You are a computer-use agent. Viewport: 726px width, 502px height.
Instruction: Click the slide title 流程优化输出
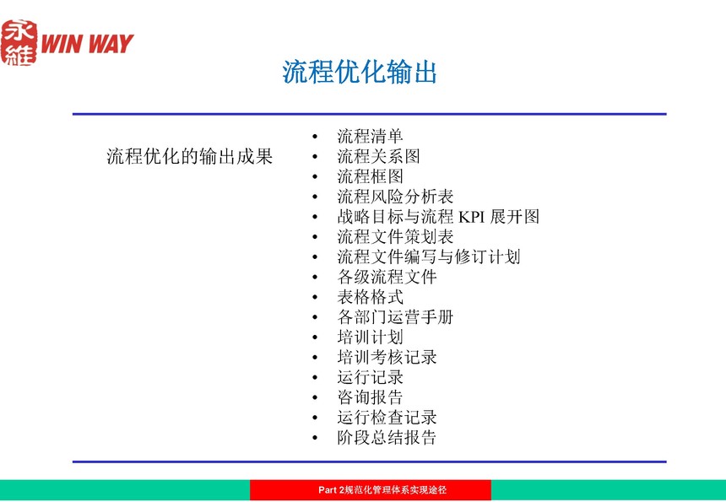360,73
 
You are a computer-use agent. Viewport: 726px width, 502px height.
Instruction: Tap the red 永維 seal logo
19,42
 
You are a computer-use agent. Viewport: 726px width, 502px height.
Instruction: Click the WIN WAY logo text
87,44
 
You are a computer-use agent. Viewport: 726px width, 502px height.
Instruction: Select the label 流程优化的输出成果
189,156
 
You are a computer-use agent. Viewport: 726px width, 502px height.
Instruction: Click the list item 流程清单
370,136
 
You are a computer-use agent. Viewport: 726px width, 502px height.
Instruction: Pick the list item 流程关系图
378,156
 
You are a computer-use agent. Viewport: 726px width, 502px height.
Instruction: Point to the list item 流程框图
370,176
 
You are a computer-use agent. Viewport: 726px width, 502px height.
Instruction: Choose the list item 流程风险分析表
395,197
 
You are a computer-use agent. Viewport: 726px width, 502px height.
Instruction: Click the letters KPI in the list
471,217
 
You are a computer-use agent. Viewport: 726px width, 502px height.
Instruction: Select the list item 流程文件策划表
395,237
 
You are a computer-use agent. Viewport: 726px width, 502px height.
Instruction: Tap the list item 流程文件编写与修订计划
429,256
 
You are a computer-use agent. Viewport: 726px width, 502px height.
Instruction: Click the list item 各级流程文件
387,277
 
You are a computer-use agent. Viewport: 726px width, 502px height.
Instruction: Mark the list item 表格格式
370,297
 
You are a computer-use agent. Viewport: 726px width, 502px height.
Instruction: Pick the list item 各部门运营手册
395,317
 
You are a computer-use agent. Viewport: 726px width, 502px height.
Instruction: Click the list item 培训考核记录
387,357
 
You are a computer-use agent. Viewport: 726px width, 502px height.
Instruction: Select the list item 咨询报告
370,397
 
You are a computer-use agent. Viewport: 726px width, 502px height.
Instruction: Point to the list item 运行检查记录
387,418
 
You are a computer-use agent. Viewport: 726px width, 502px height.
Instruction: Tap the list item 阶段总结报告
387,438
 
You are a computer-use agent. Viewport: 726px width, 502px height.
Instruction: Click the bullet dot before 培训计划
316,337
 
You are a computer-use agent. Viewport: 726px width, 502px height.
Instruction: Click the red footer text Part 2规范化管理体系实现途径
382,490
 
